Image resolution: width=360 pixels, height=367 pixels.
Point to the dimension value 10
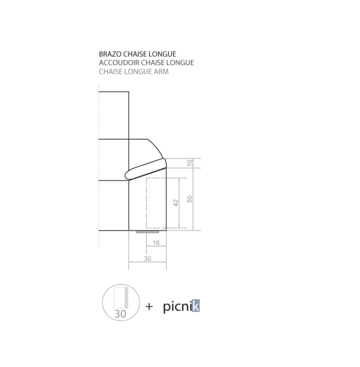190,163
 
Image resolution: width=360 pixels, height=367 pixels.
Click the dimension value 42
176,203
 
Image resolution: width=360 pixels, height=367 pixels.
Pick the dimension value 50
189,199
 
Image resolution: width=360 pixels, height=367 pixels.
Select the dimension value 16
156,243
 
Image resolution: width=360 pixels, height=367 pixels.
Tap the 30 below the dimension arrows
147,258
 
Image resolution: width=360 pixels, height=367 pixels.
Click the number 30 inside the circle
121,314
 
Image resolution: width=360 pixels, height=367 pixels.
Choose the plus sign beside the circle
149,306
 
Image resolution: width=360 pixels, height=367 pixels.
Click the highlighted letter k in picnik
196,306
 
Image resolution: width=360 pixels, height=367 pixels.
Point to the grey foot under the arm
147,232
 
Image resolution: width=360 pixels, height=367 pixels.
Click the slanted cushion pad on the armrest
146,169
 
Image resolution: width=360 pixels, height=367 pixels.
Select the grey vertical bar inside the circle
126,298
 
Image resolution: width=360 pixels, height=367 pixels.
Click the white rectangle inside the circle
119,298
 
